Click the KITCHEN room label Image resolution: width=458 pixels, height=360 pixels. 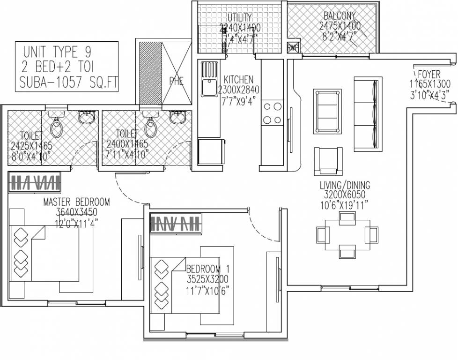point(238,80)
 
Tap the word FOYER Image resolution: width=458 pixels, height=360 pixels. point(429,74)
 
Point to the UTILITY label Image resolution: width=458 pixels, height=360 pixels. point(240,18)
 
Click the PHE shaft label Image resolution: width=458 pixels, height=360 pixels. point(177,81)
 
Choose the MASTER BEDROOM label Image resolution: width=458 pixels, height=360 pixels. point(76,202)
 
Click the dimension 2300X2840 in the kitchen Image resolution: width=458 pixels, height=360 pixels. point(238,90)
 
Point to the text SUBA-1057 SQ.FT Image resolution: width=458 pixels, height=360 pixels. point(69,83)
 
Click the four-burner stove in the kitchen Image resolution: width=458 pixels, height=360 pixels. point(272,112)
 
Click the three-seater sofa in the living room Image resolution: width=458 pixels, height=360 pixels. point(365,114)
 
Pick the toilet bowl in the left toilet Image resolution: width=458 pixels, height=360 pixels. point(57,127)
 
